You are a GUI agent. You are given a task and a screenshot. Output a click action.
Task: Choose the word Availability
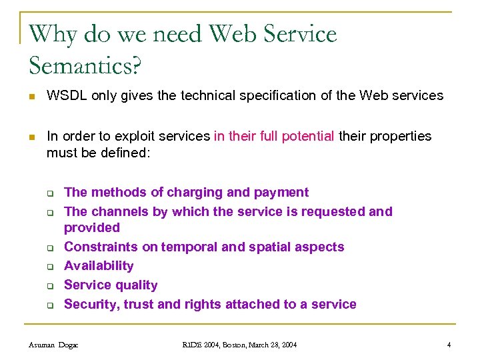pos(99,266)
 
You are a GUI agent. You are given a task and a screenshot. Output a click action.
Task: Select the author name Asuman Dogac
pos(54,345)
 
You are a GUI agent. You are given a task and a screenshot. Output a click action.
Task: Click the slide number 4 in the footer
pos(449,345)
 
